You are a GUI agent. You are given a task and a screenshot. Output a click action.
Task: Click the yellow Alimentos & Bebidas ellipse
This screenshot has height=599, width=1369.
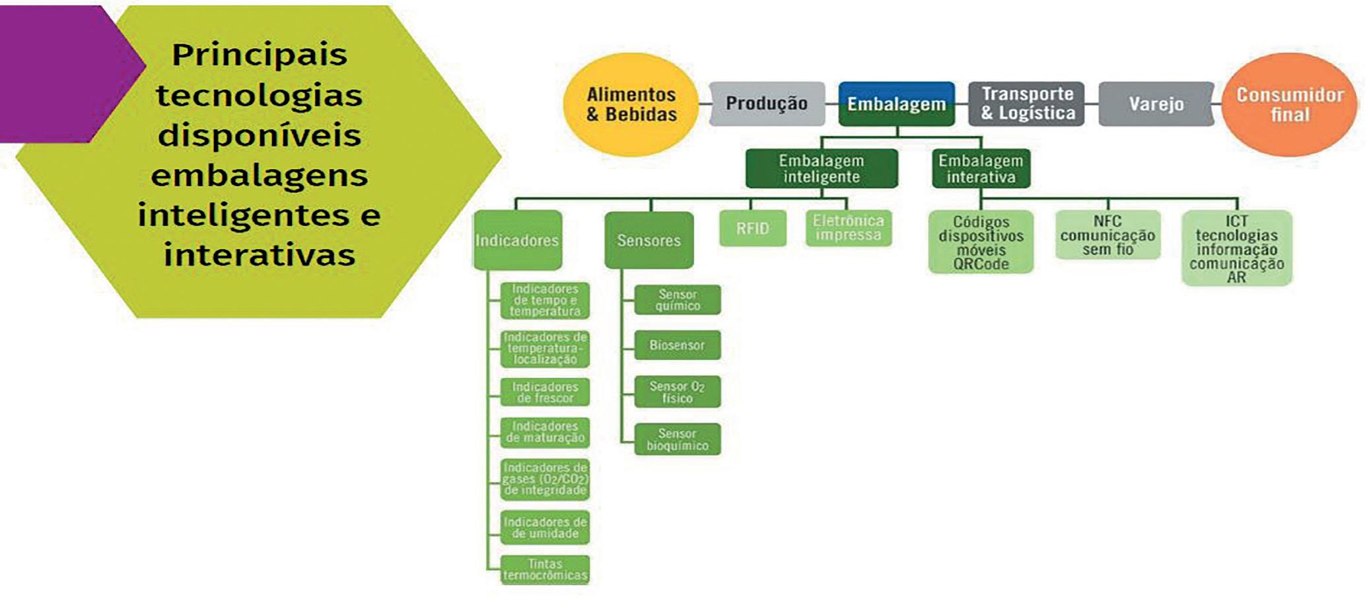point(631,104)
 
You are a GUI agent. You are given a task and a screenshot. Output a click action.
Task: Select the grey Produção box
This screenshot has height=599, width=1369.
point(767,104)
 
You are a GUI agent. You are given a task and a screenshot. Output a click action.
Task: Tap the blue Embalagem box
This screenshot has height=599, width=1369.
point(896,104)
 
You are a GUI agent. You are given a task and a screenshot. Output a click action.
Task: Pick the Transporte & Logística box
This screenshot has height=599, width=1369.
point(1027,104)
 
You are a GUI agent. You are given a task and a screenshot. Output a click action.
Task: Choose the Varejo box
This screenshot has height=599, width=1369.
point(1156,104)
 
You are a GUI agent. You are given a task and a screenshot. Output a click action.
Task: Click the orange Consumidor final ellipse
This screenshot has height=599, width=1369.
point(1290,104)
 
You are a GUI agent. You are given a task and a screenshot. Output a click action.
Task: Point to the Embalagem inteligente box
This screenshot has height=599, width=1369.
point(821,168)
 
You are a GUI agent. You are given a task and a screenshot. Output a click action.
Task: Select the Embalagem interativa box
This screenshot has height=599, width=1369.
point(981,168)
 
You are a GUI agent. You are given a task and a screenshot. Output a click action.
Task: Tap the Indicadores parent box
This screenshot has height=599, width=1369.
point(517,240)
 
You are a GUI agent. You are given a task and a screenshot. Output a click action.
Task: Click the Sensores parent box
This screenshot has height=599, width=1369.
point(649,240)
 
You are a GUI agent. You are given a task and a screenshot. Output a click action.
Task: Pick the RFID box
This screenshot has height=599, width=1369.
point(753,229)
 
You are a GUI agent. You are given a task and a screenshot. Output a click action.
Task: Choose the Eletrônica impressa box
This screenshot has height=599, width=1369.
point(849,228)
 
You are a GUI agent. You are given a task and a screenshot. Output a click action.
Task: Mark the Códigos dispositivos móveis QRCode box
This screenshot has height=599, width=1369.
point(981,242)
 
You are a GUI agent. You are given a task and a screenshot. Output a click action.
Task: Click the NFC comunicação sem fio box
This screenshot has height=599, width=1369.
point(1107,235)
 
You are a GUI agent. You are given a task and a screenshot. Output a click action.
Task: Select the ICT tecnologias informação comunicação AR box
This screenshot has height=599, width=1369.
point(1236,248)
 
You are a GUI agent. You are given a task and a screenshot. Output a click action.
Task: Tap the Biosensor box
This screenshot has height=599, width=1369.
point(677,345)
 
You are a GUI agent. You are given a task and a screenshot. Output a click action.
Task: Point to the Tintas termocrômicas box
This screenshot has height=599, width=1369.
point(545,570)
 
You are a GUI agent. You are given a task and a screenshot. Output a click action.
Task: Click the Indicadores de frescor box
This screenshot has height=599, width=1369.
point(545,392)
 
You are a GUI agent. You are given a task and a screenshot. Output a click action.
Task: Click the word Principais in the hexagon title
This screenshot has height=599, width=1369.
point(260,54)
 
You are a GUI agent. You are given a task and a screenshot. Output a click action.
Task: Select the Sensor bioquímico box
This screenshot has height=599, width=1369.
point(677,439)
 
